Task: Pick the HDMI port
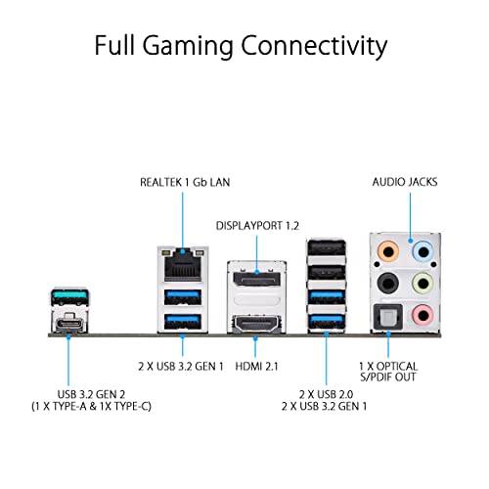point(254,322)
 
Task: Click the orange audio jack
point(390,251)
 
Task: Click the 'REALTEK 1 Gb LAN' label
point(184,182)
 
